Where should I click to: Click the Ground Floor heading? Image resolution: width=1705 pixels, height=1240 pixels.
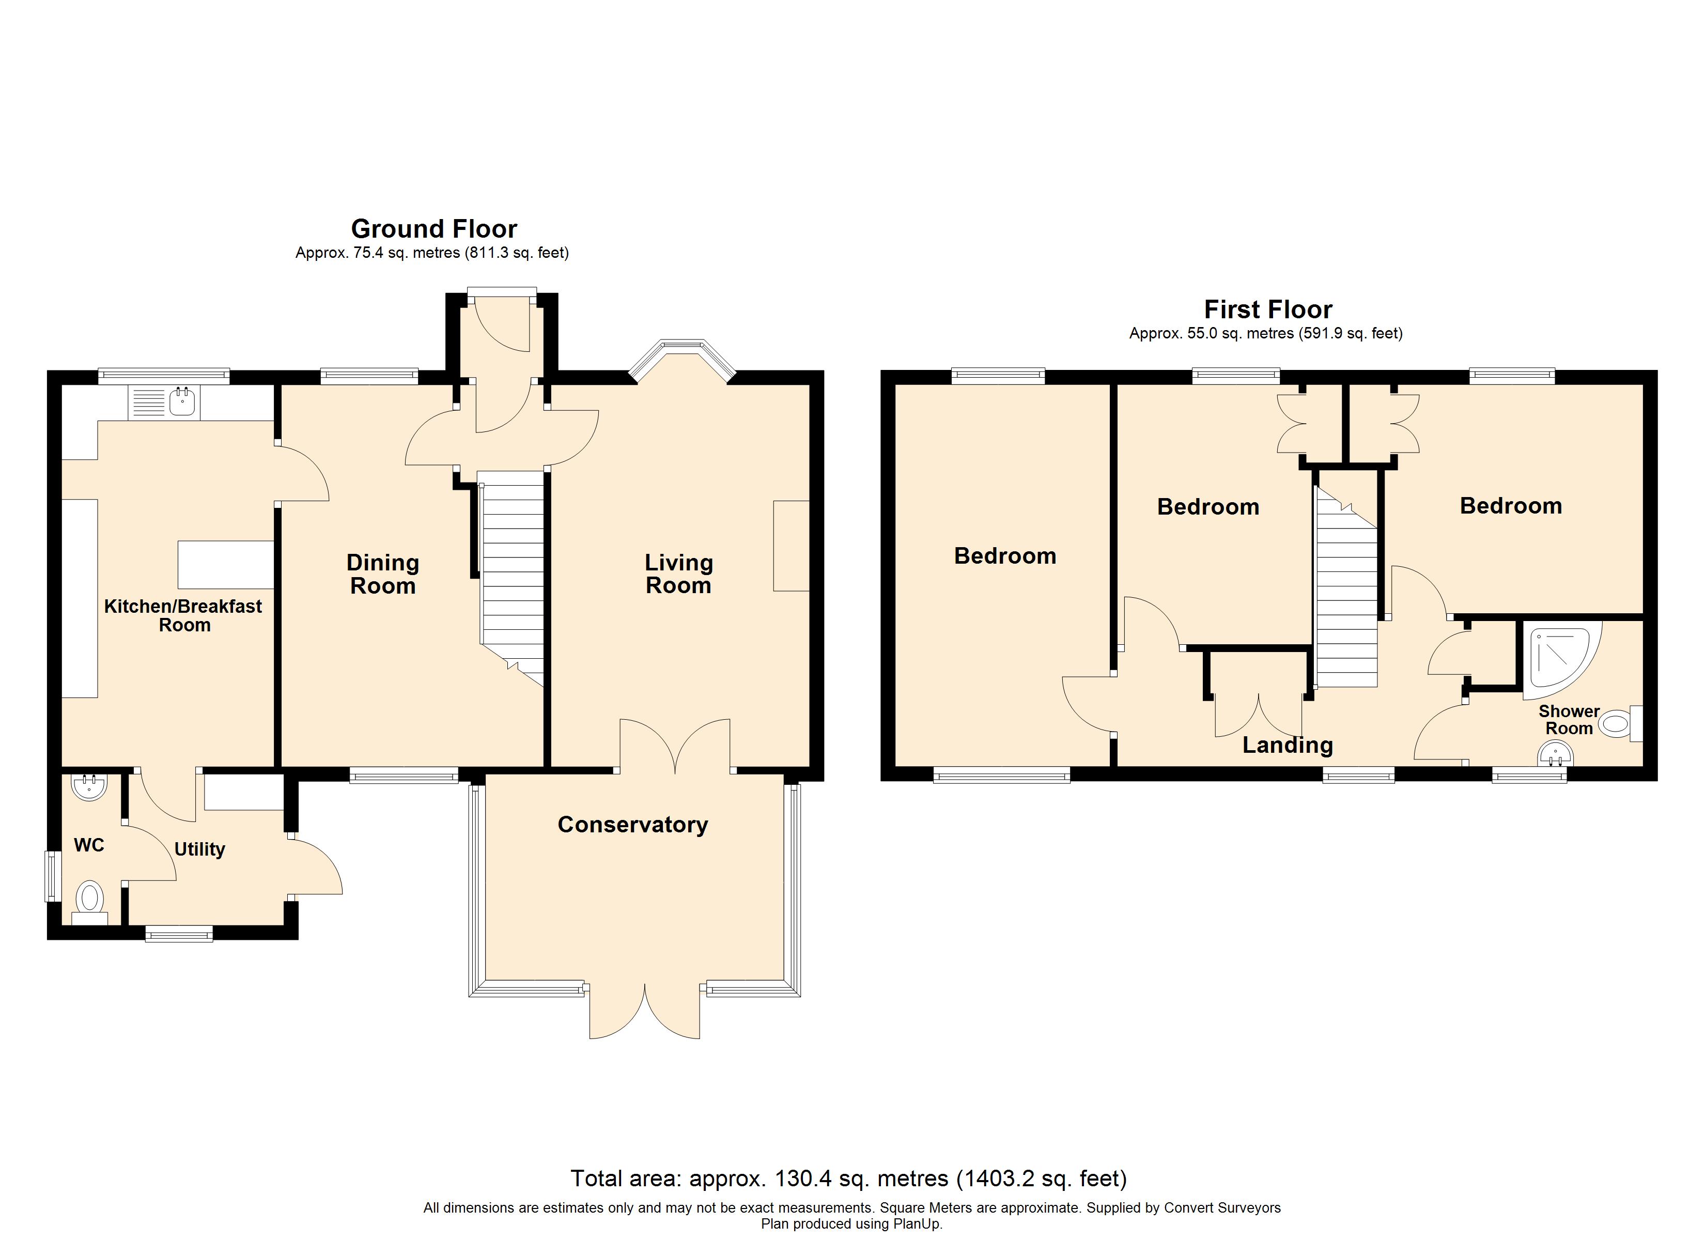434,228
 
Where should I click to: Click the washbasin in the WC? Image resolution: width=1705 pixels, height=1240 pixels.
89,786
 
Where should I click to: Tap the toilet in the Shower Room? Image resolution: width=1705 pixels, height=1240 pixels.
1620,724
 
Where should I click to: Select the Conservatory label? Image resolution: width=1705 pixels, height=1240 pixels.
632,825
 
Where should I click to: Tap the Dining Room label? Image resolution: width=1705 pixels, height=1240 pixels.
383,574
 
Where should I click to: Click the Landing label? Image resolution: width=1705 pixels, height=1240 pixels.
1288,745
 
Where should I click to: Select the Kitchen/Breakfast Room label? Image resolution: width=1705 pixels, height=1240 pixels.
183,616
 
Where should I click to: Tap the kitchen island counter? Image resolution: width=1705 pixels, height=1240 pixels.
226,565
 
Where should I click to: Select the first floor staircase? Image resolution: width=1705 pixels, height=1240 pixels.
1345,586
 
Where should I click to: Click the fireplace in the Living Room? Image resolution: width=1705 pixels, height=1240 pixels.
792,546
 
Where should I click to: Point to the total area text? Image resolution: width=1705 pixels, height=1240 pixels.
849,1179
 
